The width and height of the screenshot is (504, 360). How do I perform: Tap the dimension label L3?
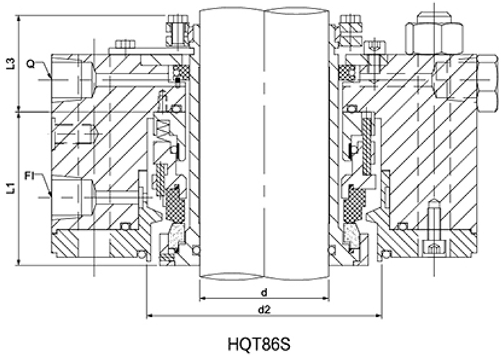[x=9, y=63]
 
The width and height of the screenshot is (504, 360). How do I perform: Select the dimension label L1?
[x=9, y=189]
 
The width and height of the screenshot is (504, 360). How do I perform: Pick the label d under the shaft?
[x=264, y=292]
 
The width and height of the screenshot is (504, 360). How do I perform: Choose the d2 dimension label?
[x=264, y=310]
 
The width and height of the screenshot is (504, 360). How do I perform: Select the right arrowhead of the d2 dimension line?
[x=379, y=315]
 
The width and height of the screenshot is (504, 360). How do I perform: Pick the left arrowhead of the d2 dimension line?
[x=149, y=315]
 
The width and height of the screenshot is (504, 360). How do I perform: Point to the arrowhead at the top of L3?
[x=19, y=16]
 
